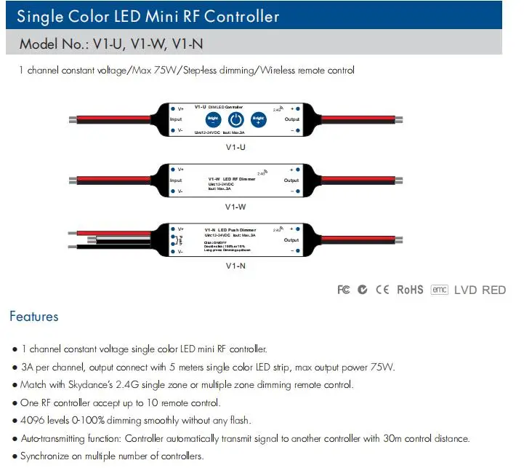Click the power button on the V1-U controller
[235, 119]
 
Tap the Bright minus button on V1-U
[213, 119]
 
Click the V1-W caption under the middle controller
[235, 207]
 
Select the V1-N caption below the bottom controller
[235, 266]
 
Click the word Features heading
[33, 317]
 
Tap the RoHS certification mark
[410, 290]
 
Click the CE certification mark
[382, 290]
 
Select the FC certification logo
[344, 290]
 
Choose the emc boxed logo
[440, 290]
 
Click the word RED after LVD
[493, 290]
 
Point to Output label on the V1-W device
[291, 180]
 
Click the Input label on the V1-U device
[176, 119]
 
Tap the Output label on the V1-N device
[291, 239]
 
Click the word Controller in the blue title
[234, 15]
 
